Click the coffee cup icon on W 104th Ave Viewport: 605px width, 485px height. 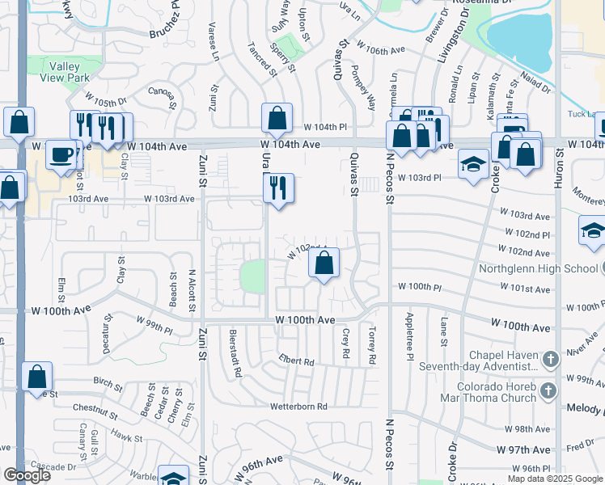point(61,154)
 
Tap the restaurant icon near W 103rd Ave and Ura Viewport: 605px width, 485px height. point(278,188)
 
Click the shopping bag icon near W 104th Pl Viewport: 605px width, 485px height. point(277,118)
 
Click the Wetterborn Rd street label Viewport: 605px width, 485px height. point(298,406)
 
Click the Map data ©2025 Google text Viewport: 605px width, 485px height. point(555,479)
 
